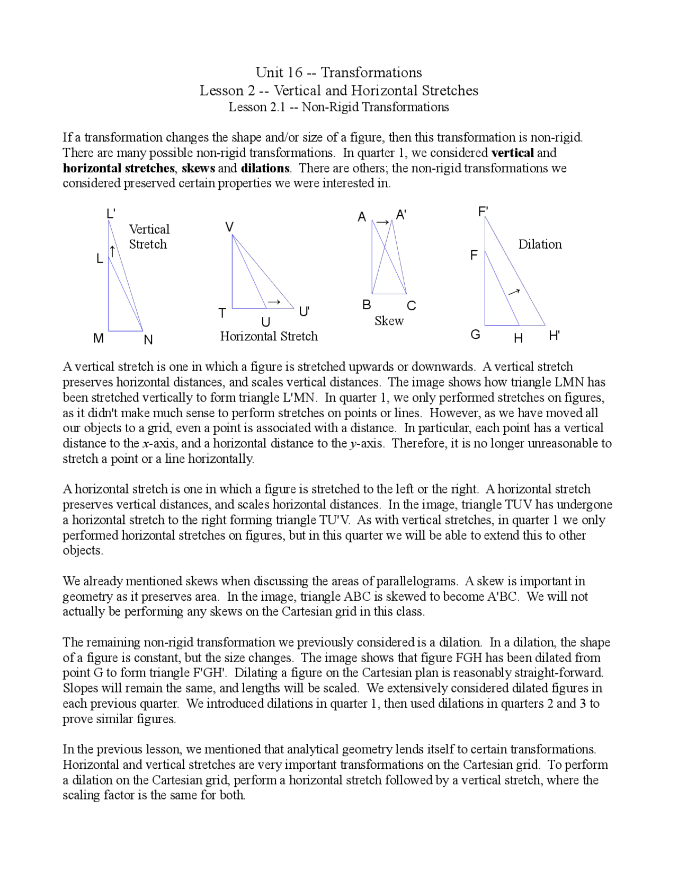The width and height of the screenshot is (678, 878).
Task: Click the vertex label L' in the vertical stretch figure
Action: (111, 214)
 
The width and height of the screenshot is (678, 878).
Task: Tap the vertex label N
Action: (148, 340)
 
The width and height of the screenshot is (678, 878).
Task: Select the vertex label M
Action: (99, 338)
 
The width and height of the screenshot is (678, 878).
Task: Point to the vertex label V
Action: (229, 227)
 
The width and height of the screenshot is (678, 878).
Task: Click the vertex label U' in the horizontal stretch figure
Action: (304, 312)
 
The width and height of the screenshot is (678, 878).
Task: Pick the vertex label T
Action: (223, 313)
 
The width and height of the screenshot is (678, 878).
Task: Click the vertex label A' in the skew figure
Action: (401, 215)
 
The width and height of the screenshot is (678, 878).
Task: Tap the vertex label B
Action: (367, 305)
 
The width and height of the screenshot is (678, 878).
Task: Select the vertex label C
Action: (412, 306)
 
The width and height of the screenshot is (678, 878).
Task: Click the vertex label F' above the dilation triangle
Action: (483, 212)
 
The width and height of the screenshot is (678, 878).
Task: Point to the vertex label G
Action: (476, 335)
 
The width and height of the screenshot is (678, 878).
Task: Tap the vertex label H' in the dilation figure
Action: (555, 336)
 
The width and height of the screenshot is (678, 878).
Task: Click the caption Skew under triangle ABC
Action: (389, 321)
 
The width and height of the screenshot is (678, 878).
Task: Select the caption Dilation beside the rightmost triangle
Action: (540, 244)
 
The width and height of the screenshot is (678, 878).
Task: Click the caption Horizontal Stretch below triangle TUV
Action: (269, 336)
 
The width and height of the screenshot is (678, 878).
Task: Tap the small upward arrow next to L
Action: (112, 250)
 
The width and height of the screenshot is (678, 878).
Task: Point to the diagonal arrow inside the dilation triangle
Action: (514, 291)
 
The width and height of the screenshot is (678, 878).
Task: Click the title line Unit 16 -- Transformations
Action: (338, 72)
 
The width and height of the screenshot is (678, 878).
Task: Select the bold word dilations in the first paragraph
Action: (265, 168)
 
